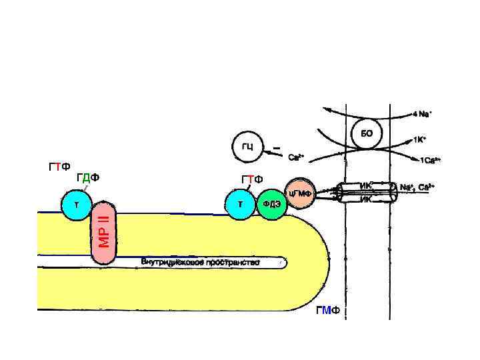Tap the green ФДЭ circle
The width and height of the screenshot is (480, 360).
point(271,204)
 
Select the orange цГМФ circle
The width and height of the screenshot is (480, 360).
point(301,193)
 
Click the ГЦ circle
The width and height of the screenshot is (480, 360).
point(247,146)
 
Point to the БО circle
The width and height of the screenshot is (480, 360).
point(366,133)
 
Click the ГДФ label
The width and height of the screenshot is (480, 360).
point(87,177)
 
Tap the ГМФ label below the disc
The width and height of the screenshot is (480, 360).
point(328,311)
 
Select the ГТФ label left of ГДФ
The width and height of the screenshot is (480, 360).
point(60,166)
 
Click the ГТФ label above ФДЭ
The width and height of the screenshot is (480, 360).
point(252,179)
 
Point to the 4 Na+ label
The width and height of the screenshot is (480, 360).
point(422,114)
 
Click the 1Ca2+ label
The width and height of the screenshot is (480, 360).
point(429,161)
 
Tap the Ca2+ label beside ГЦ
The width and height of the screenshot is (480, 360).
point(296,158)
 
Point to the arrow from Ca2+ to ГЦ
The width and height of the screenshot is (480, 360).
point(273,155)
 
